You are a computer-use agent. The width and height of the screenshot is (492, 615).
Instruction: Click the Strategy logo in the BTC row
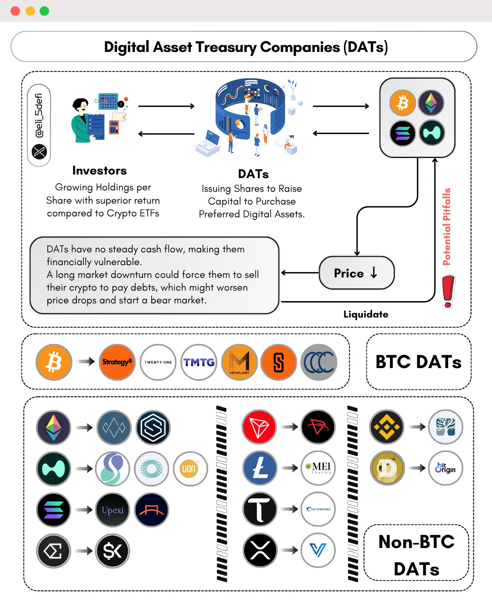[x=117, y=362]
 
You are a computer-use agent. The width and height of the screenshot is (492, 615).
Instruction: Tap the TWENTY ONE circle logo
[x=158, y=362]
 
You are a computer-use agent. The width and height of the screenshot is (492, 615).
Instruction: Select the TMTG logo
[x=199, y=362]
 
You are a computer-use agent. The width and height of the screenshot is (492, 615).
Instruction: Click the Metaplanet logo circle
[x=239, y=362]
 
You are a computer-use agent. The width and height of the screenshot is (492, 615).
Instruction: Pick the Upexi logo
[x=113, y=510]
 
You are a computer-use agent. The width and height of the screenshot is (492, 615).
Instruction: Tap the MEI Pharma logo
[x=318, y=468]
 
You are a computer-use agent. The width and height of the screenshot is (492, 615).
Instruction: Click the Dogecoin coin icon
[x=387, y=468]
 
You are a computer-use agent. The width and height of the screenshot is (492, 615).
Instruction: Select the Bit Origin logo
[x=446, y=468]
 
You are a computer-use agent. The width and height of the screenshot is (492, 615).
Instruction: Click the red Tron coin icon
[x=259, y=427]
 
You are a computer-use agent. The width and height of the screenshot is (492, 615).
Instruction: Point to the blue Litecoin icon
[x=260, y=468]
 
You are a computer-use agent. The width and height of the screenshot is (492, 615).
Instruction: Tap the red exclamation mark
[x=448, y=292]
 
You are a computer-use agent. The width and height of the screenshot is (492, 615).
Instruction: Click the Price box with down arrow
[x=357, y=273]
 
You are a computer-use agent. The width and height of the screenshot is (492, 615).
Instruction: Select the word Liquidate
[x=366, y=314]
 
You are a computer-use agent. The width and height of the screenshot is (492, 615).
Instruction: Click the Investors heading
[x=99, y=170]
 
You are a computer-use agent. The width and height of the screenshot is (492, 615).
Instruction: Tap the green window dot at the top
[x=44, y=11]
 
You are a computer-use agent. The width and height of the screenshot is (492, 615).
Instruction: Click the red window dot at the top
[x=15, y=11]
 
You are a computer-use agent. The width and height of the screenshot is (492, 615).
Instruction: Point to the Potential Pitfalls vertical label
[x=447, y=226]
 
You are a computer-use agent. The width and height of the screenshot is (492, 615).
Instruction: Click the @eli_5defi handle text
[x=39, y=115]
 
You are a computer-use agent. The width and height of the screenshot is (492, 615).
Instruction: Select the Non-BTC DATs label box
[x=416, y=553]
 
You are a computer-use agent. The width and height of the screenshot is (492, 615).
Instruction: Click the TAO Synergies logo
[x=318, y=509]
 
